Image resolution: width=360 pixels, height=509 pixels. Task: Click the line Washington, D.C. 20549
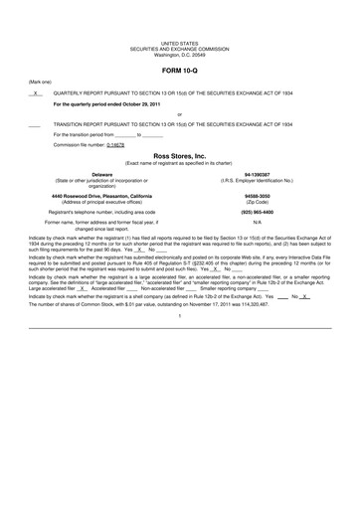179,54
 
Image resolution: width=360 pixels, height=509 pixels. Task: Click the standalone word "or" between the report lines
179,113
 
